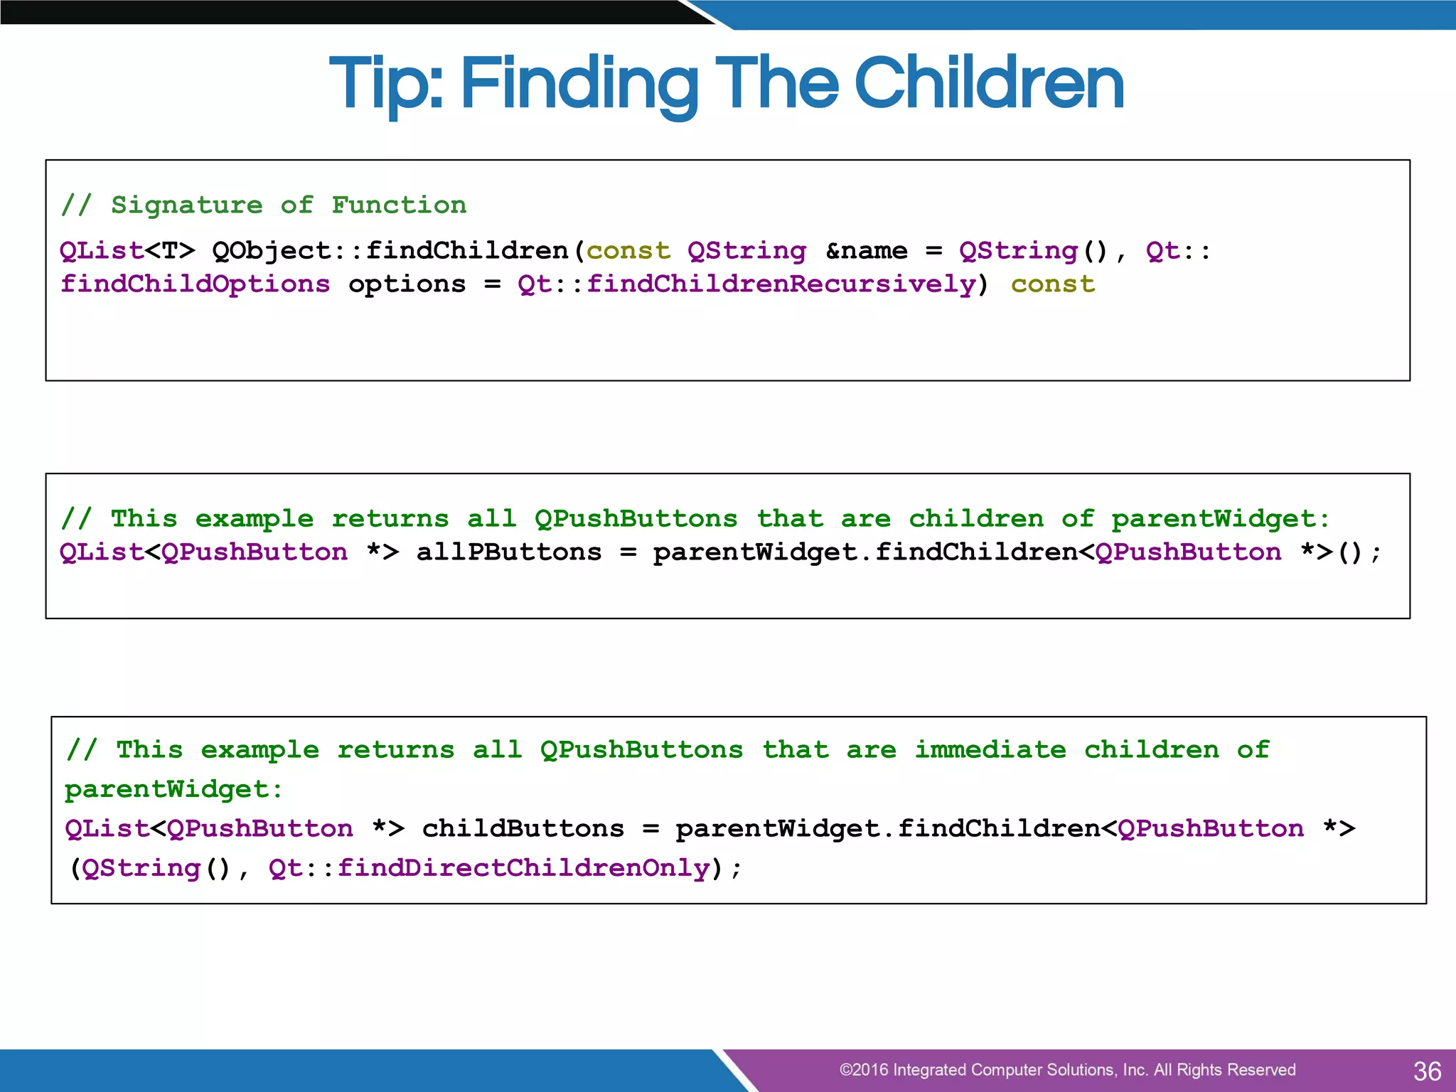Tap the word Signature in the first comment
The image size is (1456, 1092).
186,205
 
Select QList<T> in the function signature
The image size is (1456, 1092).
127,250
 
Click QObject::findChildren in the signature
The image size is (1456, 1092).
390,250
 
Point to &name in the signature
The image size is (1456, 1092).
866,250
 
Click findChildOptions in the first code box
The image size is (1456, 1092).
195,284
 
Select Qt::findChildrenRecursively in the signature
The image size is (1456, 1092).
746,284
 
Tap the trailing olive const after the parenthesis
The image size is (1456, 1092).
1052,284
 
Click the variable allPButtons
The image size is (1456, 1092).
509,552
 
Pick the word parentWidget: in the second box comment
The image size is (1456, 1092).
1220,518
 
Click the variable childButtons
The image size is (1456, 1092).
523,828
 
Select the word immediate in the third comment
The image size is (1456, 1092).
990,749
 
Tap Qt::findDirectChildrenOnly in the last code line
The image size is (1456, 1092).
490,868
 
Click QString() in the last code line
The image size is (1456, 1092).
156,868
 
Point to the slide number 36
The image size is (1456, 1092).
1427,1071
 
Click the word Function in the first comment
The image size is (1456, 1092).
399,205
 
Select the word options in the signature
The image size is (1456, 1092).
407,284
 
